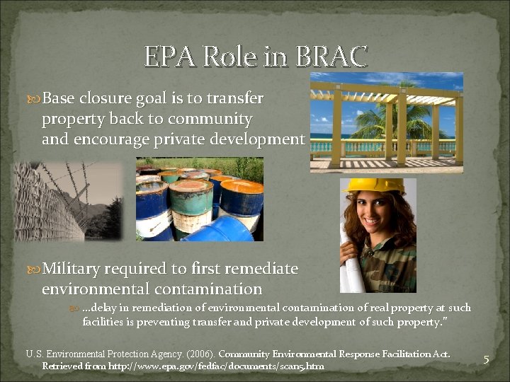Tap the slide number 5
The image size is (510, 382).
click(486, 359)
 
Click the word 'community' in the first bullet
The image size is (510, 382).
click(216, 119)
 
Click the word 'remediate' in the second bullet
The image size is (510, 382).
click(262, 270)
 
